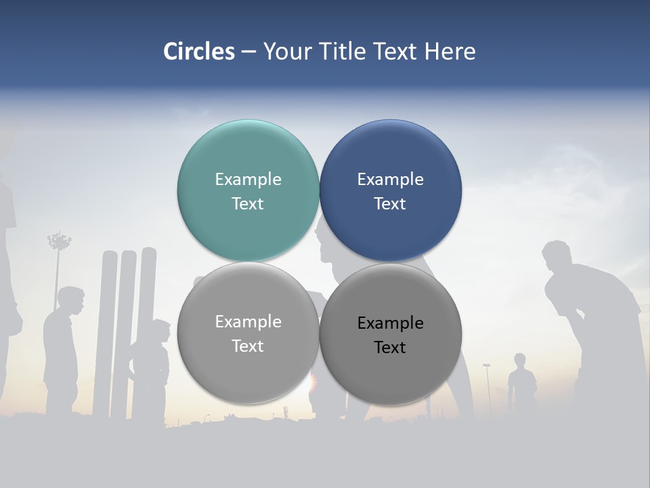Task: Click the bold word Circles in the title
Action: pos(199,52)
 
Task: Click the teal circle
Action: pos(248,190)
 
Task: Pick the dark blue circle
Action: pos(390,190)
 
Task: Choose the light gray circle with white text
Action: pos(248,333)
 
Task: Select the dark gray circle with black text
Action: pos(390,333)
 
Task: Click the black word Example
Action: pos(390,323)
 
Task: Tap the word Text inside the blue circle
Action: pos(390,203)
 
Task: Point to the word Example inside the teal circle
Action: pos(248,179)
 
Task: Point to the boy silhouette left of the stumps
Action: pos(62,346)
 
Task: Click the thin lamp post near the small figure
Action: pos(487,386)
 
